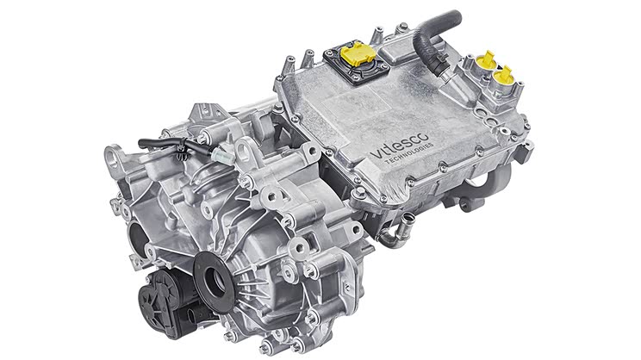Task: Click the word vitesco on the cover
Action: [x=399, y=145]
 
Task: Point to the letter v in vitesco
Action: [x=375, y=154]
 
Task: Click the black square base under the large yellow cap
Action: [x=357, y=64]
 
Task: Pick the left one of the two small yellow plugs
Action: [x=487, y=61]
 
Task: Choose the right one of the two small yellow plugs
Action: [x=504, y=75]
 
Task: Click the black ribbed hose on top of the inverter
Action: [x=435, y=39]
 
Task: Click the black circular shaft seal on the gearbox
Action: [x=214, y=282]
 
